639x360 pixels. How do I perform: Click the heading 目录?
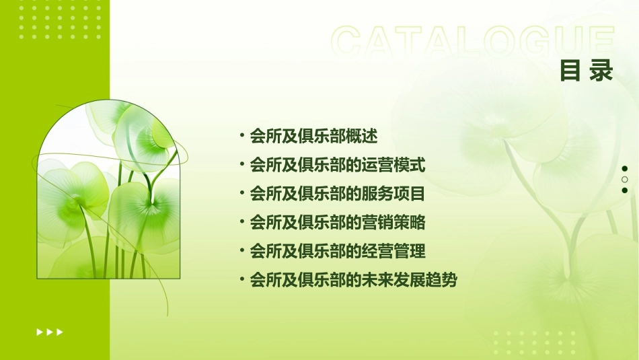click(587, 71)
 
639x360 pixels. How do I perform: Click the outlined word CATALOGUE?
click(473, 42)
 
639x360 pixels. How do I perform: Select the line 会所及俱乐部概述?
click(313, 136)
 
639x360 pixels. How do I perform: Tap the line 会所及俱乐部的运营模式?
click(338, 165)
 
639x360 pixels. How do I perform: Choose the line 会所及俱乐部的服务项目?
click(338, 194)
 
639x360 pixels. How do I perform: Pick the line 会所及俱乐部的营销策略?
click(338, 222)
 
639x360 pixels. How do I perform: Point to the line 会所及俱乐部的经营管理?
click(338, 251)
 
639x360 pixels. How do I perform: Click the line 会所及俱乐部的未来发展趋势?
click(353, 280)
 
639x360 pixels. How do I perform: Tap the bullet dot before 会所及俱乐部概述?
click(242, 136)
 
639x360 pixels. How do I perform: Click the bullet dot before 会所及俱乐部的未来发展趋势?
click(242, 279)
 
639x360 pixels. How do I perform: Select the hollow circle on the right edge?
click(625, 180)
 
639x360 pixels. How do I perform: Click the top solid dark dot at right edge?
click(625, 169)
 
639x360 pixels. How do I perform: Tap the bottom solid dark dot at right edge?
click(625, 190)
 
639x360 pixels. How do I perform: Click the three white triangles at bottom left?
click(50, 332)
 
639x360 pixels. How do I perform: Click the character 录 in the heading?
click(602, 71)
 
